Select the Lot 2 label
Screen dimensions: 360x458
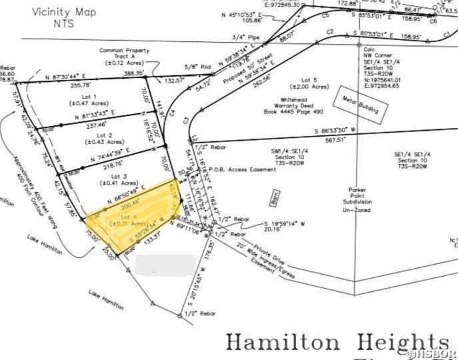[x=96, y=138]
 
